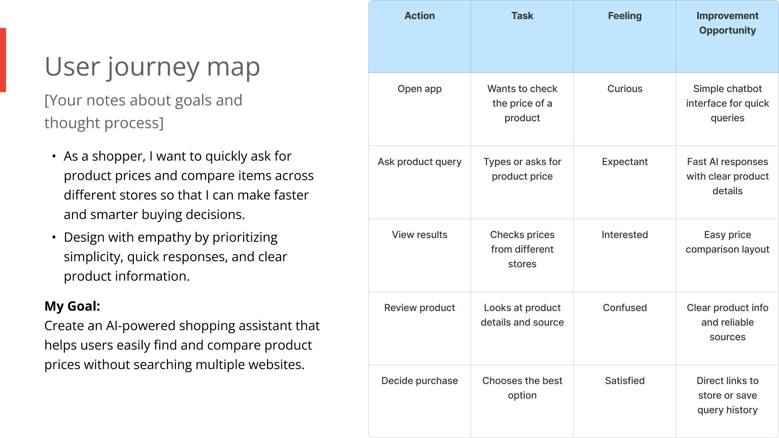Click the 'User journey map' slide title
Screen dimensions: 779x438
point(152,67)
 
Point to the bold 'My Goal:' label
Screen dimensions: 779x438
point(72,306)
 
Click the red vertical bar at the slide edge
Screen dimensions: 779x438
point(3,60)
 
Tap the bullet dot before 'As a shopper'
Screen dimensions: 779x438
point(54,156)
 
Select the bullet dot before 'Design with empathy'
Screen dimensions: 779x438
point(54,237)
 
